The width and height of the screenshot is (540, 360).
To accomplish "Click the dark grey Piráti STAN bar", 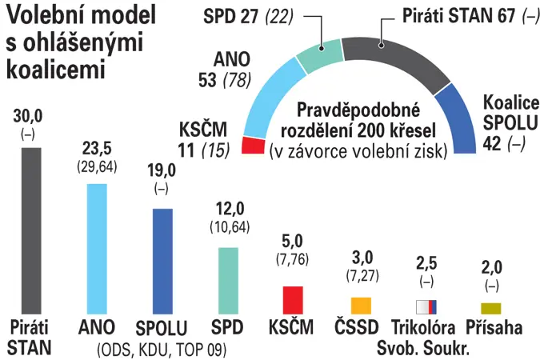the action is (x=31, y=231).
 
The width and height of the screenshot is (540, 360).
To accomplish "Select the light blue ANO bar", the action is (x=97, y=249).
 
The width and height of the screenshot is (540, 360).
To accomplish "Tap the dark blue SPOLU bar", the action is (x=162, y=262).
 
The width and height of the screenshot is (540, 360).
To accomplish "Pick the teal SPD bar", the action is (x=228, y=281).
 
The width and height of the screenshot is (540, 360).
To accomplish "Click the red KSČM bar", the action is (x=293, y=300).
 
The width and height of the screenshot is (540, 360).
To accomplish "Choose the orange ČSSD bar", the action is (x=361, y=306).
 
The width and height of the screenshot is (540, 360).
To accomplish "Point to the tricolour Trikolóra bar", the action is (x=426, y=307).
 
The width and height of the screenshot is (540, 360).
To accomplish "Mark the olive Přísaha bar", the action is (x=491, y=308).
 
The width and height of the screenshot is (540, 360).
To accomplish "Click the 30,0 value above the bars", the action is (x=28, y=116).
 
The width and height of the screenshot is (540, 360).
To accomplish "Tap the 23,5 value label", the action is (x=97, y=149).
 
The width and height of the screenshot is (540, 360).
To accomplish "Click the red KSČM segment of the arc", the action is (x=254, y=145).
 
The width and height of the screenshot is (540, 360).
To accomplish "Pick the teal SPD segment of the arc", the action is (x=320, y=55).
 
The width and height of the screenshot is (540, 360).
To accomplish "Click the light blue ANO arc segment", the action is (x=272, y=98).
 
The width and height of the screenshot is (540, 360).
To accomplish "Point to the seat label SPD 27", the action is (x=230, y=16).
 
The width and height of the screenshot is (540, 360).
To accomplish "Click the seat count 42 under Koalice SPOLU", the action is (x=492, y=143).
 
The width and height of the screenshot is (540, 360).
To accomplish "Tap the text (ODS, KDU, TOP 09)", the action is (x=162, y=350).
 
